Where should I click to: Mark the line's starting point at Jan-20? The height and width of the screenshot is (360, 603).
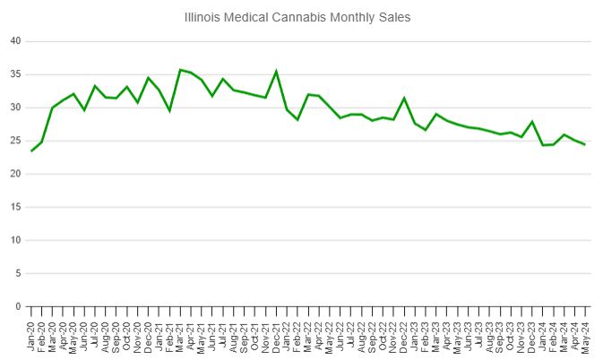[x=31, y=150]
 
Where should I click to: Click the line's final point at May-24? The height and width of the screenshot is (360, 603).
[x=585, y=144]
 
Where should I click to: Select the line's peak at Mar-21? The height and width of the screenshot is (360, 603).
[x=180, y=70]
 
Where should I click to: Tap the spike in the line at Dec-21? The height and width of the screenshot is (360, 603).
[x=276, y=72]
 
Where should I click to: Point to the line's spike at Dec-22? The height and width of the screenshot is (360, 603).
[x=404, y=98]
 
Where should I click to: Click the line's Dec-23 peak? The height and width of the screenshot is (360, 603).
[x=532, y=122]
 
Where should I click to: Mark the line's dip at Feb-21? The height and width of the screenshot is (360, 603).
[x=169, y=110]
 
